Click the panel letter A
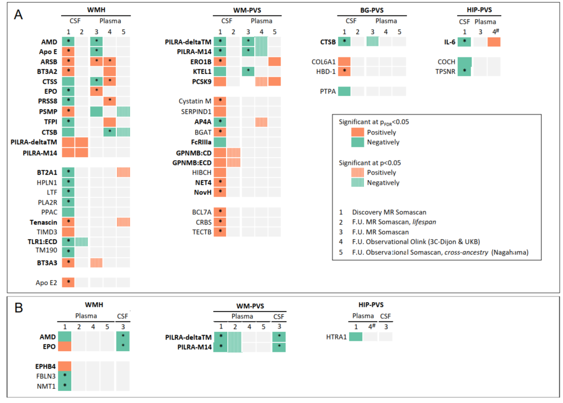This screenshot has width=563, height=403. [x=19, y=15]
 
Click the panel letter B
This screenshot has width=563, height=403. [x=19, y=308]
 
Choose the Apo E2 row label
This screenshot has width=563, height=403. [x=45, y=282]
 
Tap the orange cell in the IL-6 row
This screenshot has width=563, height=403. [x=494, y=41]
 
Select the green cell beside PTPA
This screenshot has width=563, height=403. [x=344, y=91]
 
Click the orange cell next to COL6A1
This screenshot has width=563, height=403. [x=344, y=62]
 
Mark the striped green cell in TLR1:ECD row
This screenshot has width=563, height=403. [x=82, y=241]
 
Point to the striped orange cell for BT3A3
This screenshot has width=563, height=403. [x=95, y=262]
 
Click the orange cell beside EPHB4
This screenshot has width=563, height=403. [x=65, y=366]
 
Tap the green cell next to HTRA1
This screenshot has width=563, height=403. [x=356, y=336]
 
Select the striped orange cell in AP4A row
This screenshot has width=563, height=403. [x=261, y=121]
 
